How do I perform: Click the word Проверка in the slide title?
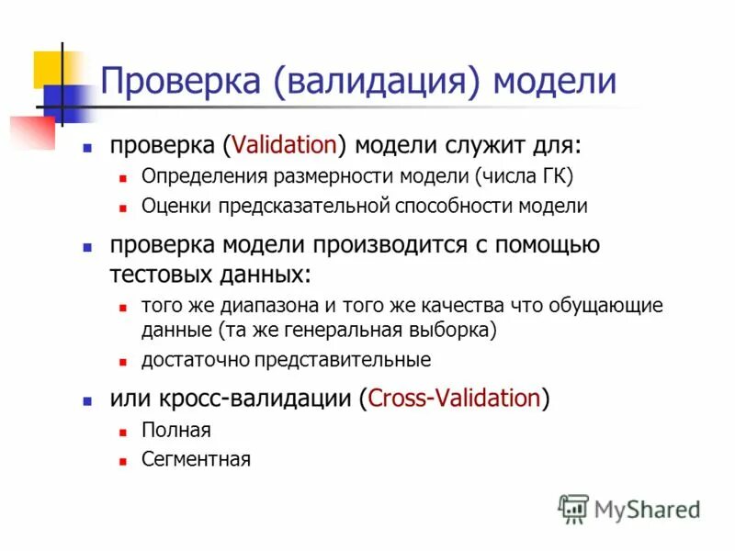point(179,81)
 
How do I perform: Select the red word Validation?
point(285,146)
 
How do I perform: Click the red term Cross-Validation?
point(454,399)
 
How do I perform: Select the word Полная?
point(176,430)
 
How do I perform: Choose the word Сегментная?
point(196,459)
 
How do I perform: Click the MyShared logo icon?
point(573,508)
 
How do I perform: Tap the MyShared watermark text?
point(648,508)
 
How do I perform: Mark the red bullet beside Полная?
point(122,431)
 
